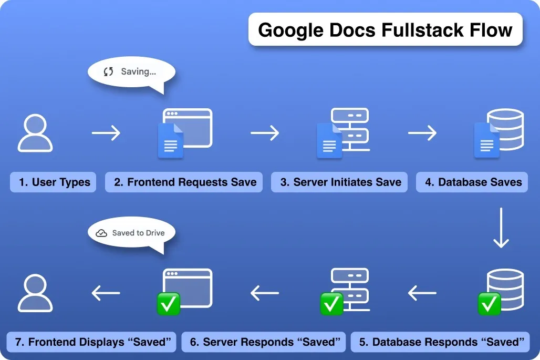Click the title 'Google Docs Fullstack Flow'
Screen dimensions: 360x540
[x=385, y=29]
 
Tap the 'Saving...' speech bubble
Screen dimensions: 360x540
[x=131, y=72]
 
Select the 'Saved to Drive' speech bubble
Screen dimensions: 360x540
[x=131, y=233]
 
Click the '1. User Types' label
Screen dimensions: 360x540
[x=54, y=182]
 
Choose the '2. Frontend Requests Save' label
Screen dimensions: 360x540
[x=184, y=182]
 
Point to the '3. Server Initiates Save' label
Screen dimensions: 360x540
[x=340, y=182]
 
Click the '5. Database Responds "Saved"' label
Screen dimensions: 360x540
[x=441, y=342]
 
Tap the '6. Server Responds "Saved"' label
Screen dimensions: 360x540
[x=264, y=342]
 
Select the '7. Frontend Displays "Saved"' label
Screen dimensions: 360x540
[x=92, y=342]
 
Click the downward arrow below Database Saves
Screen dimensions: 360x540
[x=501, y=228]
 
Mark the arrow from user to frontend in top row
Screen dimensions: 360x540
[x=106, y=133]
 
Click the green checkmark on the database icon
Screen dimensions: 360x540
[x=490, y=304]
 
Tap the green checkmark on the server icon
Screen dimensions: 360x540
[x=331, y=304]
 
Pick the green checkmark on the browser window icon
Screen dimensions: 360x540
[x=169, y=304]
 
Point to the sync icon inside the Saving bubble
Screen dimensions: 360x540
[x=109, y=72]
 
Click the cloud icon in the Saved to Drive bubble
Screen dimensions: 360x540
[x=102, y=233]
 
